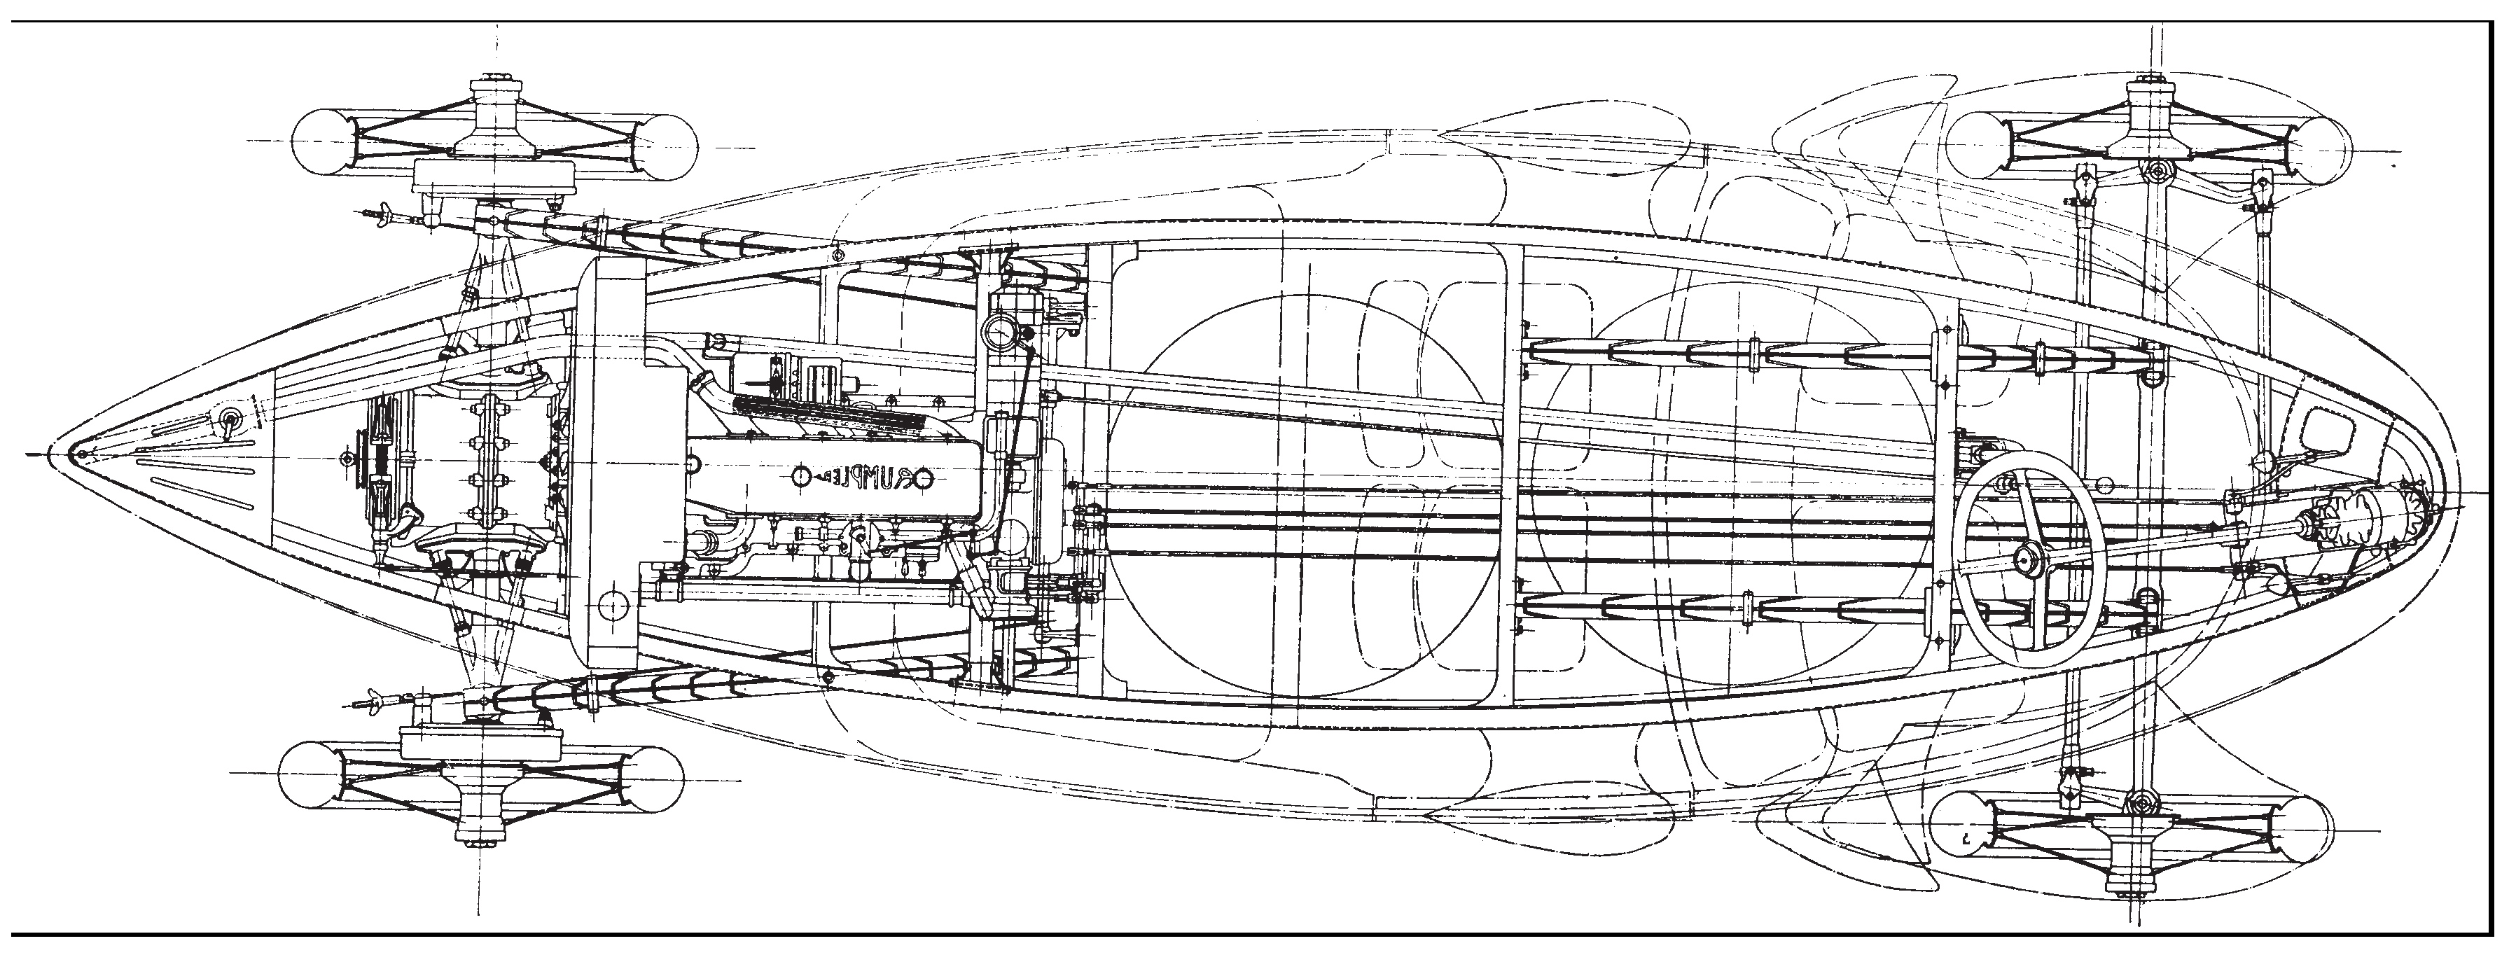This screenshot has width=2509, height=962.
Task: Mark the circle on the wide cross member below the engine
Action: click(x=613, y=606)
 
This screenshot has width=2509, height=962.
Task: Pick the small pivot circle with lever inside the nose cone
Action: click(x=230, y=419)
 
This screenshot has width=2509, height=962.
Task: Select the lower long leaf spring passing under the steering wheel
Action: click(x=1831, y=611)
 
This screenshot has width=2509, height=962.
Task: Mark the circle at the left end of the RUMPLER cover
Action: click(x=800, y=476)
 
